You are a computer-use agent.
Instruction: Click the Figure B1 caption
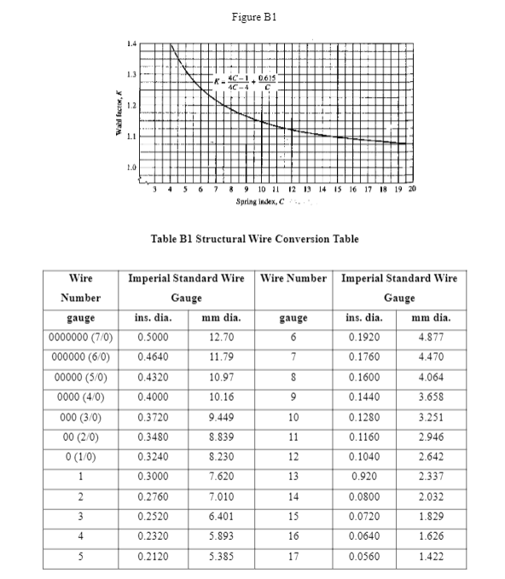coord(252,16)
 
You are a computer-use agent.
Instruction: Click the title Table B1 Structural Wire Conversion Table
coord(253,239)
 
